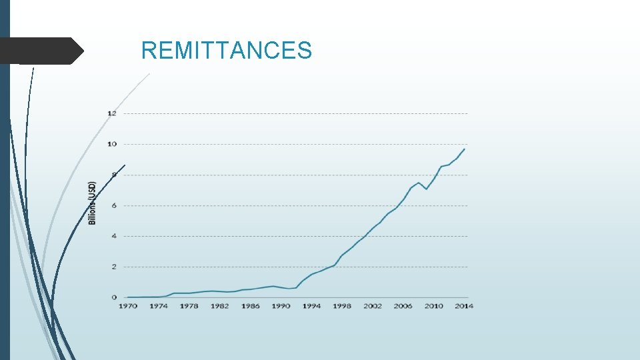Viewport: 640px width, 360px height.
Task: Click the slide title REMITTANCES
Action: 227,51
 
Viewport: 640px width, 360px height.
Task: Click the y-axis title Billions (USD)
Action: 93,203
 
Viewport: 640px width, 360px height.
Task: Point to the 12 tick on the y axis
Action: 112,113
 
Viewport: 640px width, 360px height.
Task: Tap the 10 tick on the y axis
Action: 112,144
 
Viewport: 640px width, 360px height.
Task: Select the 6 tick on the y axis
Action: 113,205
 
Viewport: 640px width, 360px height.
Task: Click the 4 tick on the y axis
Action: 113,236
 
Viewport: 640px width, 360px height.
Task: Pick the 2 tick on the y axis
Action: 113,267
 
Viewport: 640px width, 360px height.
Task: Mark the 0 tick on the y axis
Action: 113,297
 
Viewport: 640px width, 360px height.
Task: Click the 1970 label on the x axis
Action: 127,306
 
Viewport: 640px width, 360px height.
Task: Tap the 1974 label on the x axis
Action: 158,306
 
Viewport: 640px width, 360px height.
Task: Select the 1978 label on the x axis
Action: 189,306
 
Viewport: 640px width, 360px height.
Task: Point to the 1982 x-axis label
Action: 219,306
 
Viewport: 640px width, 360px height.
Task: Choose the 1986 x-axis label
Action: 250,306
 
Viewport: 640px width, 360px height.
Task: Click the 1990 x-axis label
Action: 281,306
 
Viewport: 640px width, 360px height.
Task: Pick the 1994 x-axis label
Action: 311,306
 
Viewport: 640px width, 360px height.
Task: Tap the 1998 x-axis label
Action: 342,306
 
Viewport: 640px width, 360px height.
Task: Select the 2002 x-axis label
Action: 373,306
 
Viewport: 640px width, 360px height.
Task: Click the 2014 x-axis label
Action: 464,306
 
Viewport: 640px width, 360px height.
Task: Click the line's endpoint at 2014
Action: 465,149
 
